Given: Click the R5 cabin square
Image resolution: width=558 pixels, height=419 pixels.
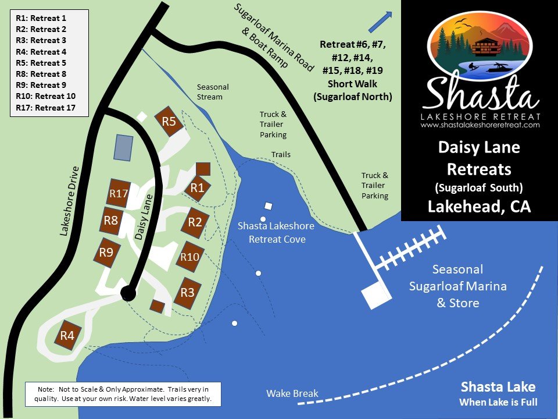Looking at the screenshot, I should click(169, 122).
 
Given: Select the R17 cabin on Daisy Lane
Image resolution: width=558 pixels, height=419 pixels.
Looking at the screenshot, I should click(118, 193).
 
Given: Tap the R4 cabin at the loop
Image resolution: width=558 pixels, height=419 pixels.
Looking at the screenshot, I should click(67, 335).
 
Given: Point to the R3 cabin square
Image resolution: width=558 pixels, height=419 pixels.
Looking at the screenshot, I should click(187, 292).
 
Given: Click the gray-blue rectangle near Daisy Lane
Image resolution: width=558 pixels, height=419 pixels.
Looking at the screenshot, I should click(123, 147).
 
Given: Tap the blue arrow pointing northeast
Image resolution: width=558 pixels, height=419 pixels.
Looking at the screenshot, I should click(379, 22).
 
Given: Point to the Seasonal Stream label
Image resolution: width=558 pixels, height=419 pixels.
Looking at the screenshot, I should click(213, 92).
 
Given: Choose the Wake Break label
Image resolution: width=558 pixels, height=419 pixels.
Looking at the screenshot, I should click(292, 393).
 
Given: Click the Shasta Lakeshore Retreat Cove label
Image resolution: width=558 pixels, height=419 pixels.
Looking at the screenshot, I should click(276, 233).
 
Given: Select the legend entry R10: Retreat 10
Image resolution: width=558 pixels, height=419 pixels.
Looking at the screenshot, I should click(46, 96).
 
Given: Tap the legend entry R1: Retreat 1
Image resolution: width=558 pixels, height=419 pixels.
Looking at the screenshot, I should click(41, 18).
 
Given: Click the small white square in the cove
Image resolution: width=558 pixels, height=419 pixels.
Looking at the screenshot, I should click(269, 206).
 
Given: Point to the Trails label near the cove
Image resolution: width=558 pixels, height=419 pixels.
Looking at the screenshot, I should click(281, 155).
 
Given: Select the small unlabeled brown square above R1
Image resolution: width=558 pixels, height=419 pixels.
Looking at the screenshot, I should click(203, 169).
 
